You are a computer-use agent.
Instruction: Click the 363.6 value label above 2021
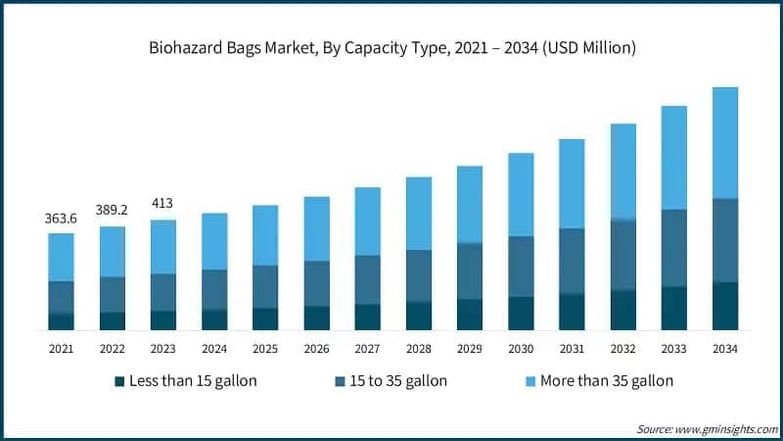coord(61,219)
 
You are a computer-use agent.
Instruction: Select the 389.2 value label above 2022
coord(112,211)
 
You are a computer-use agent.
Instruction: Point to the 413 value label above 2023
coord(162,204)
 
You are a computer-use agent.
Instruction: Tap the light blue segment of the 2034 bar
coord(725,142)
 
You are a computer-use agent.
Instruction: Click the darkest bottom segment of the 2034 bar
coord(725,306)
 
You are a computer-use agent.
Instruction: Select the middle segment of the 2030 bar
coord(521,267)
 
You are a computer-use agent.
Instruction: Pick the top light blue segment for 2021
coord(61,257)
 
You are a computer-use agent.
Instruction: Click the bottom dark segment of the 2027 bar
coord(367,318)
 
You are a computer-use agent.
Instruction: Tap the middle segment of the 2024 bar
coord(214,289)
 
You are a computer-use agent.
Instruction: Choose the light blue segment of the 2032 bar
coord(622,171)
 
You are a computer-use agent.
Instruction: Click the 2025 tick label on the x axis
coord(265,348)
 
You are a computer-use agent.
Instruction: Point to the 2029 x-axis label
coord(470,348)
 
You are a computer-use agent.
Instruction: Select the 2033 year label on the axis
coord(674,348)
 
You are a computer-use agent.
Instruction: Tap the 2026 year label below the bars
coord(316,348)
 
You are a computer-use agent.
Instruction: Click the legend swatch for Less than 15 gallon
coord(119,380)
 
